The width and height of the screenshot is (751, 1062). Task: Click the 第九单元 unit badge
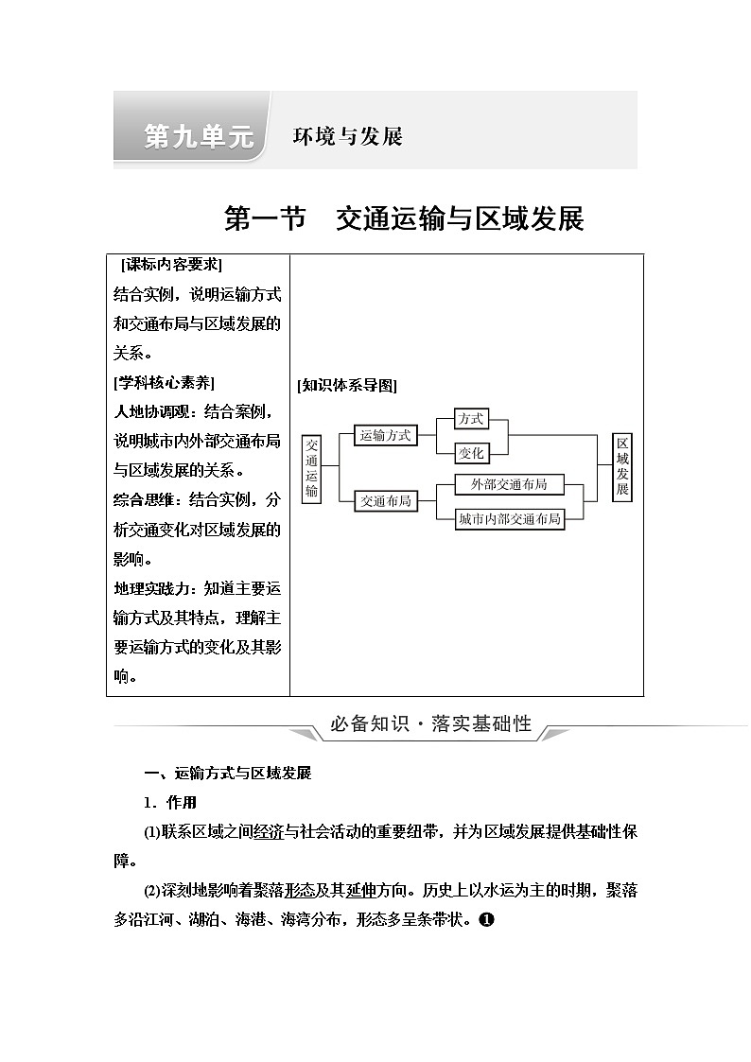point(199,136)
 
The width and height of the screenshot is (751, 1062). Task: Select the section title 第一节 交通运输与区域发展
point(404,218)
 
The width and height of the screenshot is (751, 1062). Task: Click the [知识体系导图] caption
point(346,385)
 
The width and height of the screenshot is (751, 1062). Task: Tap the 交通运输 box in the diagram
point(312,469)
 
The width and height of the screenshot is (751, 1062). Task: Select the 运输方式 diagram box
point(386,435)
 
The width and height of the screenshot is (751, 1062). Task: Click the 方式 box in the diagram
point(470,418)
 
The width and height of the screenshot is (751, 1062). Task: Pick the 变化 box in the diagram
point(470,454)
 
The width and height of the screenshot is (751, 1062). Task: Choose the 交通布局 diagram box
point(386,501)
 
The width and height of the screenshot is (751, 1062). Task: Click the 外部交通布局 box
point(501,484)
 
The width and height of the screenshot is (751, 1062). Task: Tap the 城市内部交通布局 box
point(509,519)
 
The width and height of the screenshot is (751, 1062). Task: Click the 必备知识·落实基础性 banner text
point(430,725)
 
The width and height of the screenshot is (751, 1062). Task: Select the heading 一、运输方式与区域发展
point(227,774)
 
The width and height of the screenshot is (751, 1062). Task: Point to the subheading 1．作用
point(170,803)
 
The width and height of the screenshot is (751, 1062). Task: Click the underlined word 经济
point(269,832)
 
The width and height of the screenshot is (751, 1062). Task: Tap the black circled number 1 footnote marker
point(486,918)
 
